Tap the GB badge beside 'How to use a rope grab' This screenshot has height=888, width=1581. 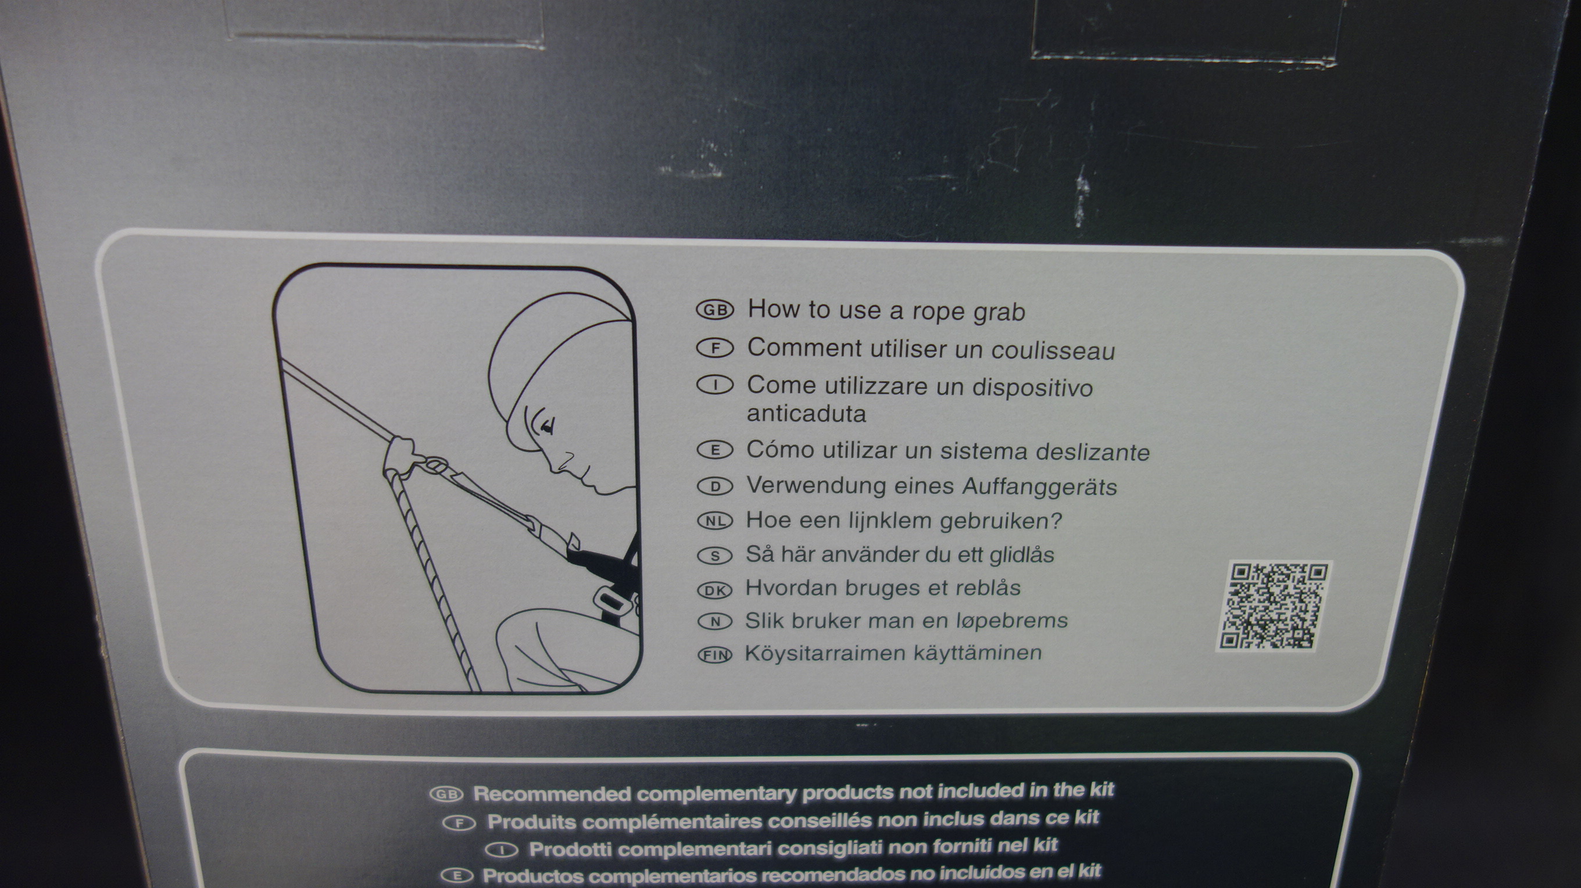click(715, 310)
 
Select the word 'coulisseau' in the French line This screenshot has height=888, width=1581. click(1053, 350)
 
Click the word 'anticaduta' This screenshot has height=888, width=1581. click(806, 414)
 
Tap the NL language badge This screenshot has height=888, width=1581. click(715, 521)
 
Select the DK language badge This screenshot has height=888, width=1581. click(715, 590)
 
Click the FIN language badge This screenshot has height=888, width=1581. click(715, 655)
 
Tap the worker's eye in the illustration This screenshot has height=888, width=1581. click(545, 424)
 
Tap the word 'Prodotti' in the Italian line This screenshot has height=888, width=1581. click(573, 849)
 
